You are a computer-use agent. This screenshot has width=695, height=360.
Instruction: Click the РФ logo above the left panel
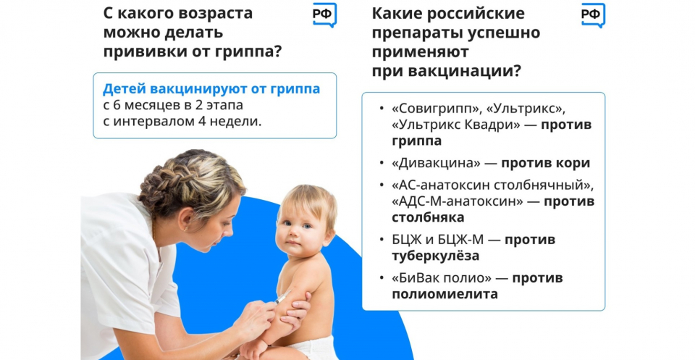[324, 14]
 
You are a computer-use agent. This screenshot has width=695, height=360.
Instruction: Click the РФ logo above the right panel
[593, 14]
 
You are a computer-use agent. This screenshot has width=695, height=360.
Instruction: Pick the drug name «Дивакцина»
[436, 163]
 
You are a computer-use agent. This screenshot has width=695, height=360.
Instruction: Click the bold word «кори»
[573, 163]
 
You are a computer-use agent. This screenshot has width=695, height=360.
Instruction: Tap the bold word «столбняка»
[428, 217]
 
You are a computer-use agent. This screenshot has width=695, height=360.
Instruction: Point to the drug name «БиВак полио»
[442, 278]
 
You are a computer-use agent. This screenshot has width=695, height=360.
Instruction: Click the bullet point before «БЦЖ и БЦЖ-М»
[382, 240]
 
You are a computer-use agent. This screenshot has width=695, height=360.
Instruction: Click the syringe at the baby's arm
[282, 297]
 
